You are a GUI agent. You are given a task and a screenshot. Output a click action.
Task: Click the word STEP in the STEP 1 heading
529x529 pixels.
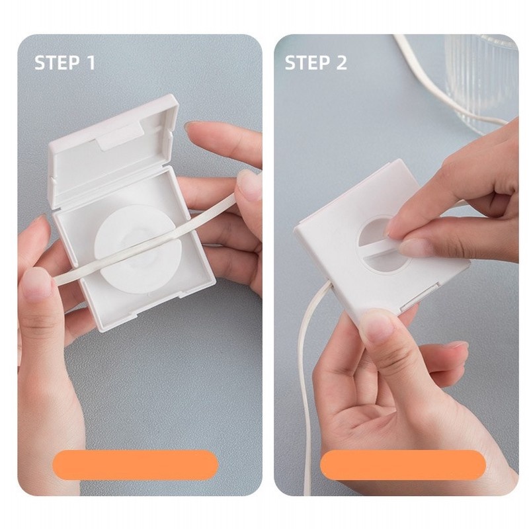(57, 63)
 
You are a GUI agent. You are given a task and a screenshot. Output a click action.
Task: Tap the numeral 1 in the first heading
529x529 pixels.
(91, 63)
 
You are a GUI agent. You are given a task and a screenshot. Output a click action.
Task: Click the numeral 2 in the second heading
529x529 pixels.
(341, 63)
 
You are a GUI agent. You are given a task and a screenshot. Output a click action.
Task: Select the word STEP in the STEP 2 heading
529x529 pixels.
(307, 63)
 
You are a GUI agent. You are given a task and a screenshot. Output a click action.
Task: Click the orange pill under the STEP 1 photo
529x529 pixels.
(135, 465)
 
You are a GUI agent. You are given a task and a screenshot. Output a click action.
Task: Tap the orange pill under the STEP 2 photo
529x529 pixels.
(403, 465)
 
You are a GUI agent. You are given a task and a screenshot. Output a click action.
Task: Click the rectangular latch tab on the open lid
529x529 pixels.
(120, 137)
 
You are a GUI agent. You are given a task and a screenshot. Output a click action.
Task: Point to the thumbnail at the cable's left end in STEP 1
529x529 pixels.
(36, 283)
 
